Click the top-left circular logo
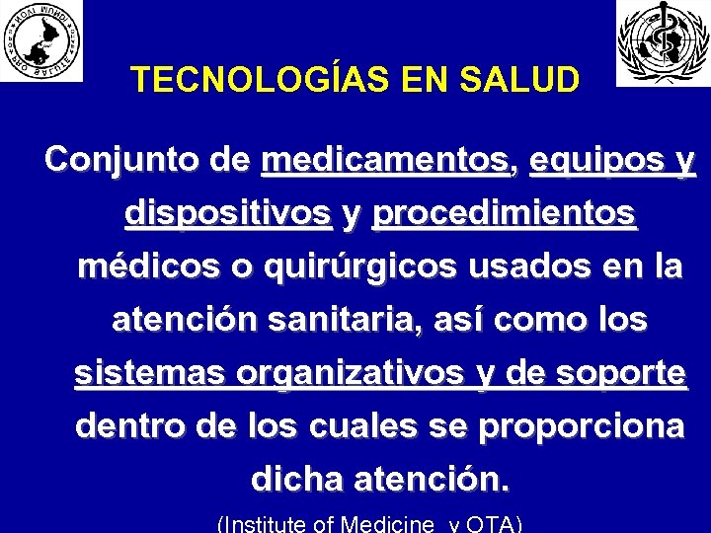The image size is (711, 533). (x=41, y=39)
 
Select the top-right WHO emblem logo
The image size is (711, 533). (x=663, y=41)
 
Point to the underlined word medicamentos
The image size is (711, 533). (x=386, y=160)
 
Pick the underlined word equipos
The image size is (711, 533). (x=590, y=160)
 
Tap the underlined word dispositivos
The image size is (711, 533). (x=228, y=214)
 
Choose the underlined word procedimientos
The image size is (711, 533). (x=505, y=214)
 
